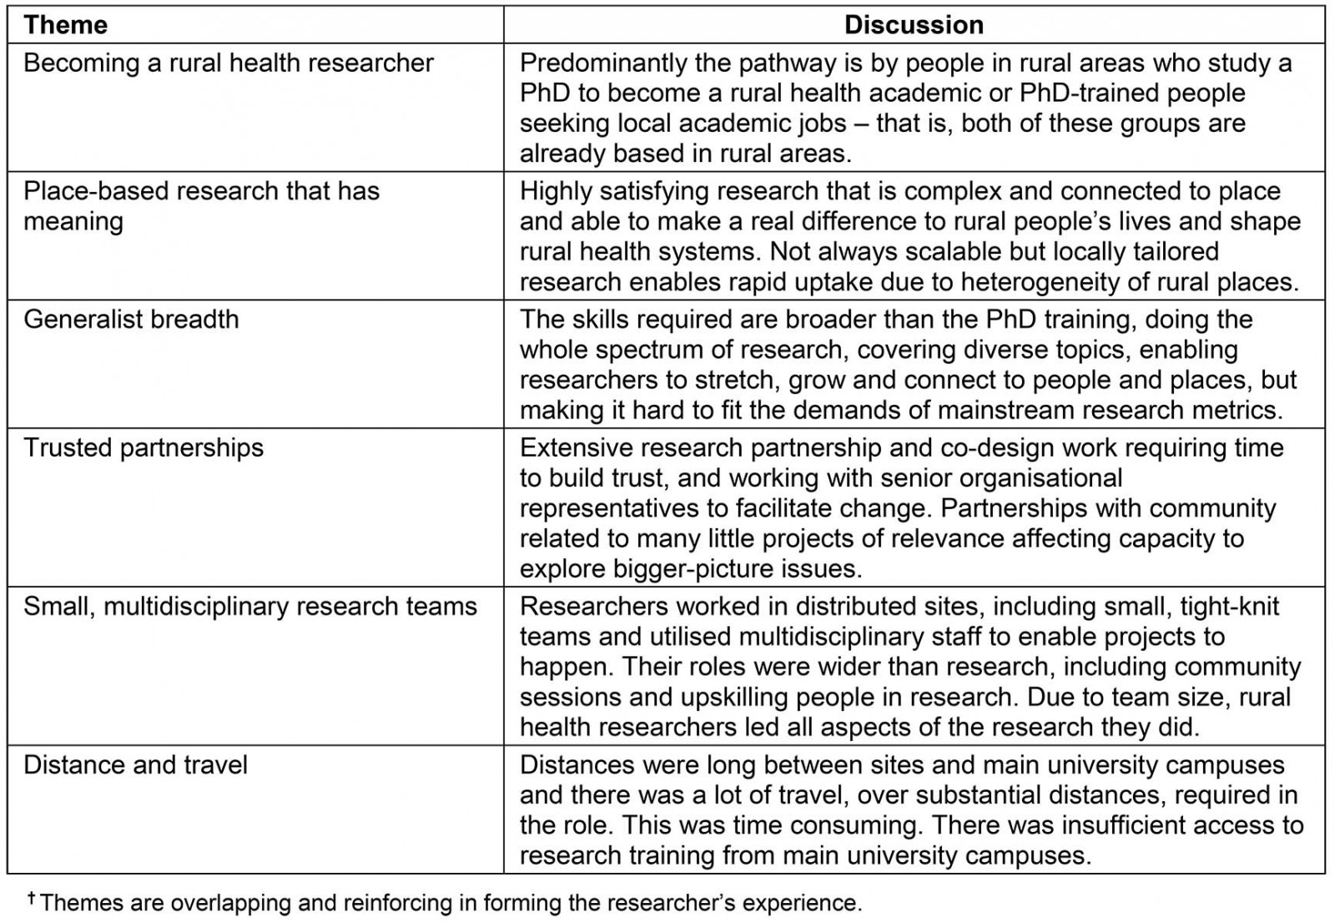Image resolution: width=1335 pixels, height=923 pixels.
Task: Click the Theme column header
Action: point(65,25)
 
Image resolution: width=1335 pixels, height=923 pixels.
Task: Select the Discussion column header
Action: point(914,25)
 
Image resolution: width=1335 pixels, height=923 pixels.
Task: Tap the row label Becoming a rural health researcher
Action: point(229,63)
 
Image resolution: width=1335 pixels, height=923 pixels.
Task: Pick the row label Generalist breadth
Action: point(131,320)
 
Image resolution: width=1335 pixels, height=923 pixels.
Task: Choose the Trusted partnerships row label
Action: point(144,448)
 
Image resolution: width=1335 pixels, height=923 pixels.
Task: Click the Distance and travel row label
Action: point(135,765)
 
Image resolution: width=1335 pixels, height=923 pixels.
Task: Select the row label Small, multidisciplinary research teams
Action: point(250,607)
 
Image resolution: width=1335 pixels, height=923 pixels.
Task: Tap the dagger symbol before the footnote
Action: point(32,898)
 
